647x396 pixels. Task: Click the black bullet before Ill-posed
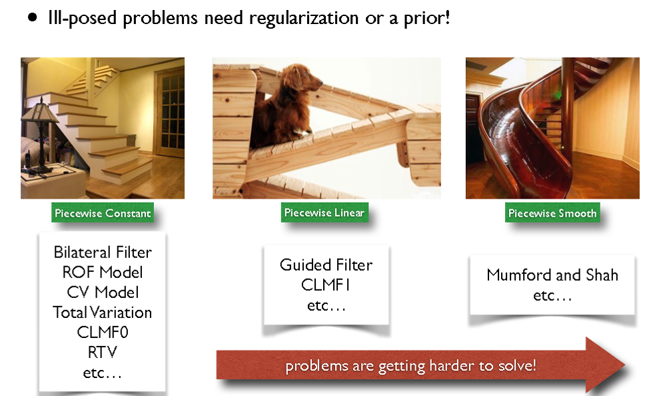(33, 18)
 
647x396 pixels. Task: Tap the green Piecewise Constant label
(103, 213)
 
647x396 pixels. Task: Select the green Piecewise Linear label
(324, 213)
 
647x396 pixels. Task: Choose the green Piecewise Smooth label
(552, 213)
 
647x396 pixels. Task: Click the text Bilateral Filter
(103, 252)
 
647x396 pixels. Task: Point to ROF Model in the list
(103, 272)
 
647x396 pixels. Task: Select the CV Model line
(103, 293)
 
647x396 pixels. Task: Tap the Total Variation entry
(103, 313)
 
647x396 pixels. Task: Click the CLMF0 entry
(103, 333)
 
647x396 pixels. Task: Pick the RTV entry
(103, 352)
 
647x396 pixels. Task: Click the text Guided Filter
(326, 265)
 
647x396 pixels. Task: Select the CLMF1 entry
(326, 285)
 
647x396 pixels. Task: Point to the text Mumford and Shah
(552, 275)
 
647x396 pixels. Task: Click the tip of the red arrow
(625, 365)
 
